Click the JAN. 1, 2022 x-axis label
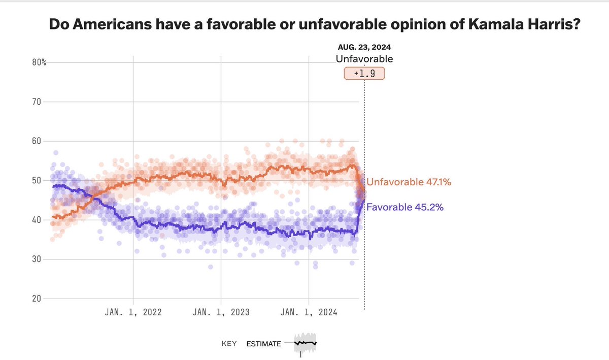click(x=133, y=312)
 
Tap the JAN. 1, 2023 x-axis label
click(x=221, y=312)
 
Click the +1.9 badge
click(x=364, y=74)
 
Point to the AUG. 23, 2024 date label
click(x=364, y=47)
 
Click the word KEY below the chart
click(x=229, y=344)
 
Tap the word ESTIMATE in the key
click(x=263, y=344)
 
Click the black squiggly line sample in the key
click(x=306, y=343)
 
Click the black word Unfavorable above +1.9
click(x=364, y=59)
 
